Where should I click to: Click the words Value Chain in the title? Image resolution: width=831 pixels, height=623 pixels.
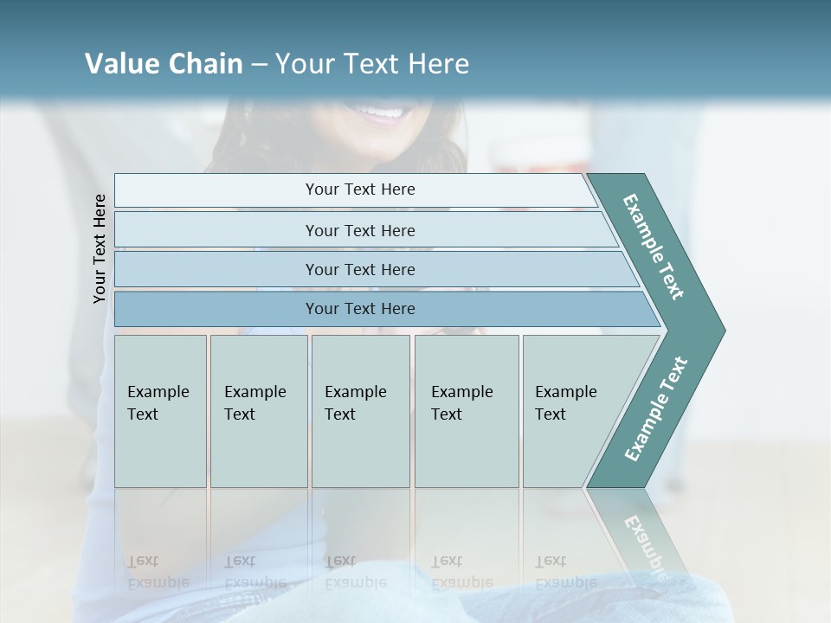(164, 63)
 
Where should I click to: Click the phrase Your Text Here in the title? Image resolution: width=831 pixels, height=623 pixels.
(372, 63)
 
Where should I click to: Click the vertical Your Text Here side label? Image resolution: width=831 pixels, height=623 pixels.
(100, 249)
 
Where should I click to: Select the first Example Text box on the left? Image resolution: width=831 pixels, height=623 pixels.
(160, 411)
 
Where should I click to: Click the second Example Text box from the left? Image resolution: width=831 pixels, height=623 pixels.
(258, 411)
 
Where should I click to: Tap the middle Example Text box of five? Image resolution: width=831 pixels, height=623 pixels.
(360, 411)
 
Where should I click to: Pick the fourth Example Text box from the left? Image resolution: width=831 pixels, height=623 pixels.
(466, 411)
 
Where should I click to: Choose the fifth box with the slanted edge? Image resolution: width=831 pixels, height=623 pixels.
(571, 411)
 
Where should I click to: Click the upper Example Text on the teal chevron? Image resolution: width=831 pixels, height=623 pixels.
(654, 247)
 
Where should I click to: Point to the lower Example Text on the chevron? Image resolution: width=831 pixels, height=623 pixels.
(656, 408)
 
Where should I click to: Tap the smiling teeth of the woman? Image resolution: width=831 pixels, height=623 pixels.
(381, 112)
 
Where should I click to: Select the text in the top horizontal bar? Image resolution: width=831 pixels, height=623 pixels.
(360, 189)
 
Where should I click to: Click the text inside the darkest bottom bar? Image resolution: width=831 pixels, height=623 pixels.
(360, 309)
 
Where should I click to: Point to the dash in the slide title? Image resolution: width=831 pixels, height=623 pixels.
(259, 64)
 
